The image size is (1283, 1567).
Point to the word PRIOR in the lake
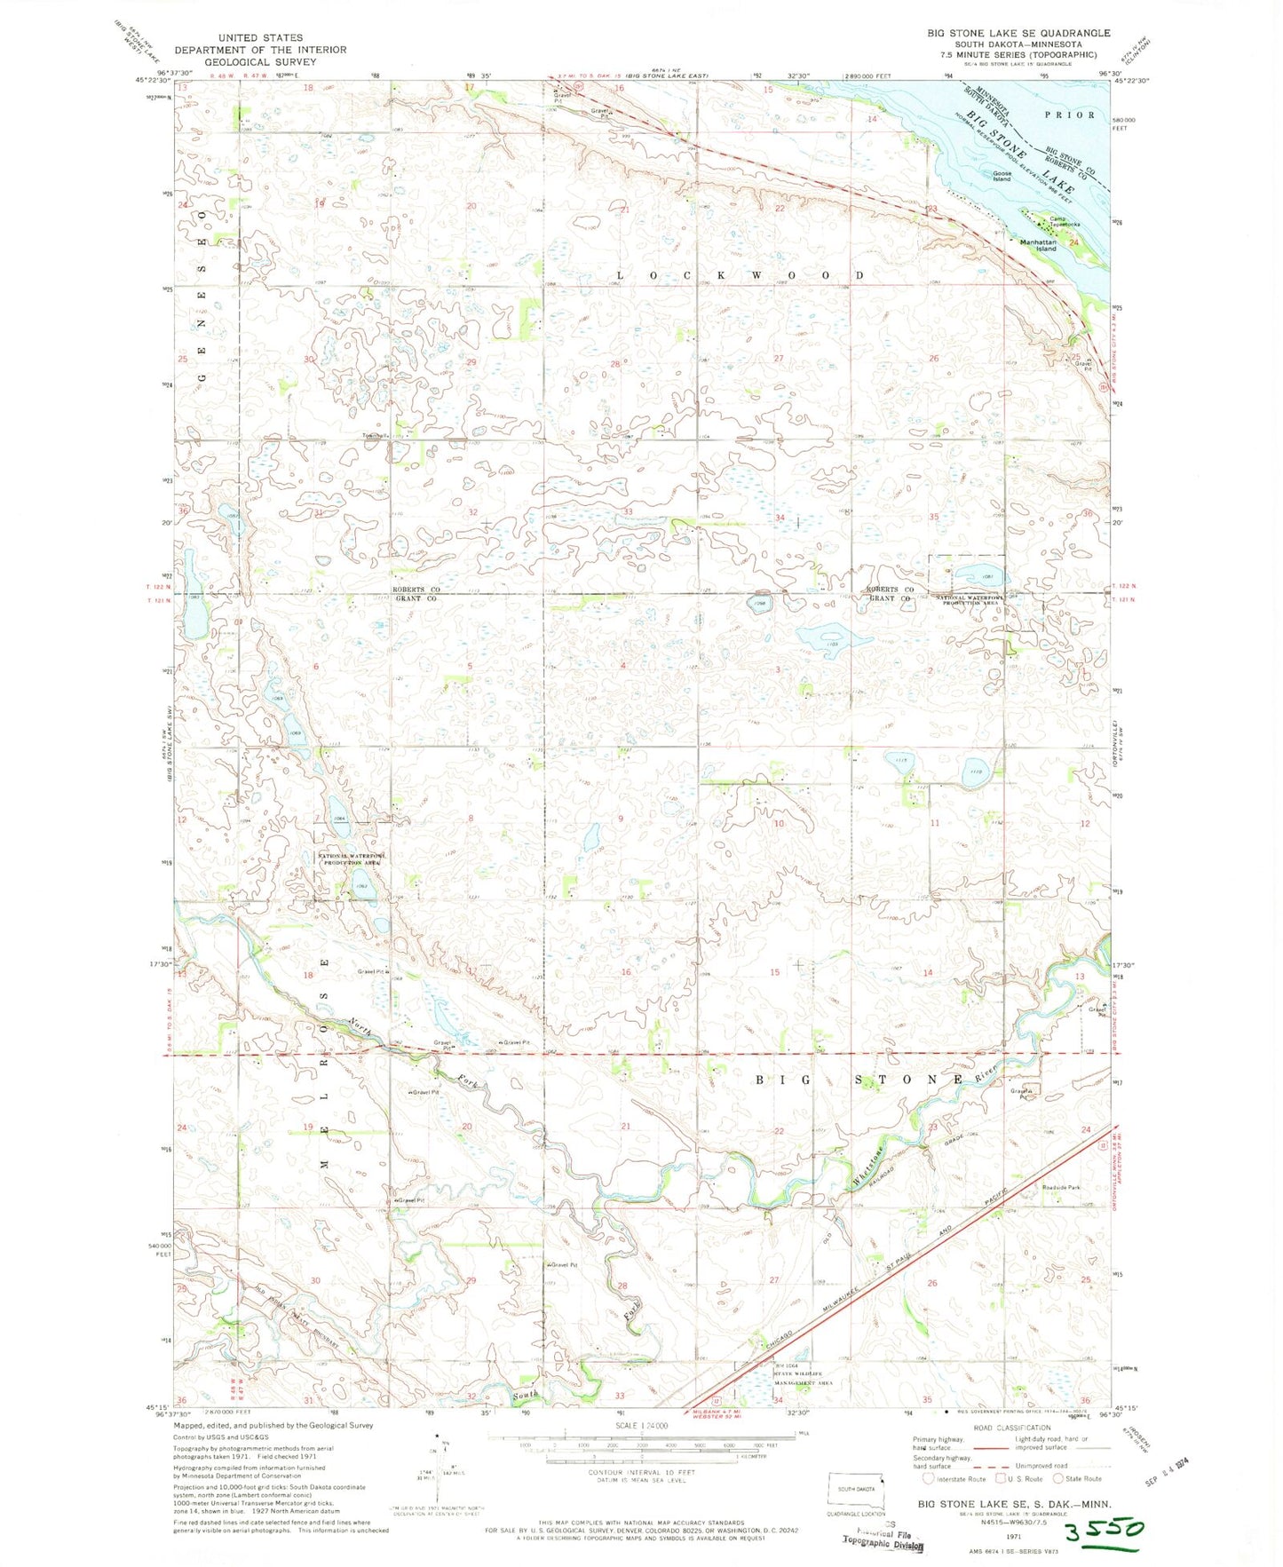1070,115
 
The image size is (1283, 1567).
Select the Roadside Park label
1061,1187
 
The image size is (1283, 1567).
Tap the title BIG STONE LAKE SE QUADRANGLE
1018,33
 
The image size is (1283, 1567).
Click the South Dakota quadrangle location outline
856,1488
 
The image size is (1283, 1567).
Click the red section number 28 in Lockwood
614,364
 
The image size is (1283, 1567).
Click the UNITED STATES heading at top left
259,38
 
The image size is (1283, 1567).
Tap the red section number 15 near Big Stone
774,972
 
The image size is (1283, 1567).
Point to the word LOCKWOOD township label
740,276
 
